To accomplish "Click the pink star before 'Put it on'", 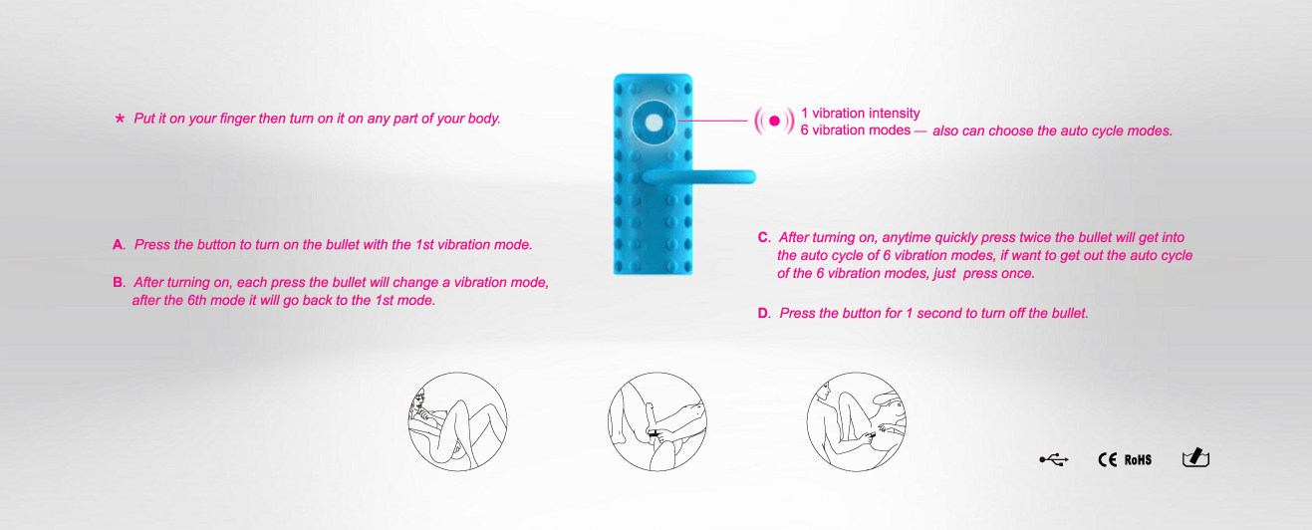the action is [121, 119].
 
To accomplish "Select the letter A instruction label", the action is [119, 245].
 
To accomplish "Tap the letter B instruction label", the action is [119, 282].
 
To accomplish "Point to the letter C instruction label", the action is [764, 237].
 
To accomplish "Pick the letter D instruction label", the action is [764, 313].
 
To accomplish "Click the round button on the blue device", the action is [654, 123].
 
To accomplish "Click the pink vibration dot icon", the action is [774, 121].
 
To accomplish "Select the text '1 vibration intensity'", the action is [861, 113].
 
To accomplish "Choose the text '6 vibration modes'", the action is [855, 131].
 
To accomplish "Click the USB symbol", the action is [1054, 459].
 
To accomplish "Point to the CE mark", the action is [1108, 459].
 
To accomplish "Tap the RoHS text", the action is [1138, 460].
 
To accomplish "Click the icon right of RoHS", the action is [1196, 457].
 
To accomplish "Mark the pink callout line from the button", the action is [712, 121].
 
